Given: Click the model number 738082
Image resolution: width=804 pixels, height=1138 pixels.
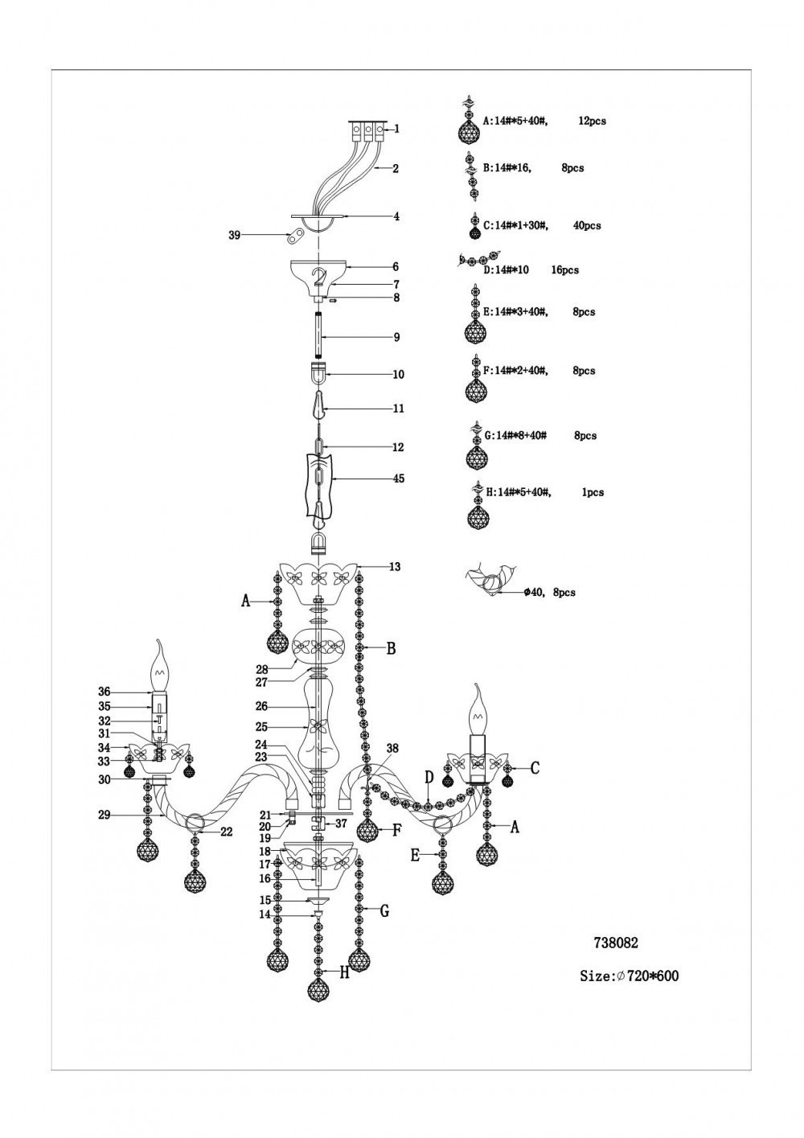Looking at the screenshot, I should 615,943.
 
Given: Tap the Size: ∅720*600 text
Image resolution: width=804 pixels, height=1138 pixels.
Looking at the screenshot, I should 629,976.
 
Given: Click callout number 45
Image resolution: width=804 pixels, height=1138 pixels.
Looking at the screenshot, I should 399,479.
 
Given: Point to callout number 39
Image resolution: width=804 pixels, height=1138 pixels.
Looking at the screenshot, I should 235,235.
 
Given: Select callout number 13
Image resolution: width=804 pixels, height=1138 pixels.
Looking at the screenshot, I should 394,567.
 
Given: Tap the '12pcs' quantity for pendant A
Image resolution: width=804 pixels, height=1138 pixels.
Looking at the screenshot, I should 592,121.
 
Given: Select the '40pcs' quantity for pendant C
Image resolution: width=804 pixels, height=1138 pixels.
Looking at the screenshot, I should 587,226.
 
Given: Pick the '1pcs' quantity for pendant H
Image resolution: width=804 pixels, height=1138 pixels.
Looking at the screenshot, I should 593,492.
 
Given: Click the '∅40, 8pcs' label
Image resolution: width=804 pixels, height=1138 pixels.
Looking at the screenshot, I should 549,593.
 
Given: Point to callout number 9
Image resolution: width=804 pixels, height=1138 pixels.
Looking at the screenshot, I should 397,338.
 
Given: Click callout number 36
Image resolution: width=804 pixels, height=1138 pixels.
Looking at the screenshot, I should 104,692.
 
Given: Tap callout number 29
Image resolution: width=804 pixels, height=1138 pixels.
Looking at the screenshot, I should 104,815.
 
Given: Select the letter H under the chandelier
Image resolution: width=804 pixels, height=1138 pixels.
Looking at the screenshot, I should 344,973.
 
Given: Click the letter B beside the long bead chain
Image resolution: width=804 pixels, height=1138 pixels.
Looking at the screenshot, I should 391,648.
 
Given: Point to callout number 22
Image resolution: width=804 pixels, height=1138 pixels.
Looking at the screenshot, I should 226,832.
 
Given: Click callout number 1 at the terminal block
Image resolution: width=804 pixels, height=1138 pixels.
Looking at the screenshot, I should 397,129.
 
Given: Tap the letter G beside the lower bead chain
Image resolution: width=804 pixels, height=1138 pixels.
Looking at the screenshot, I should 384,911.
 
